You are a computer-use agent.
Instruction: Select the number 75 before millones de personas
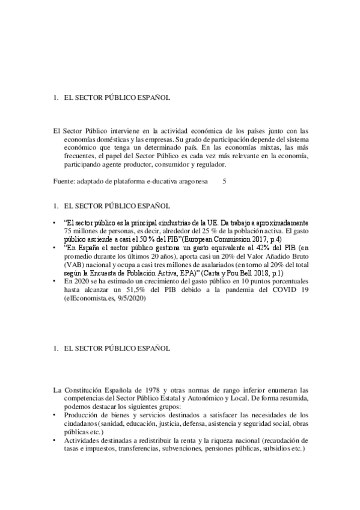67,230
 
